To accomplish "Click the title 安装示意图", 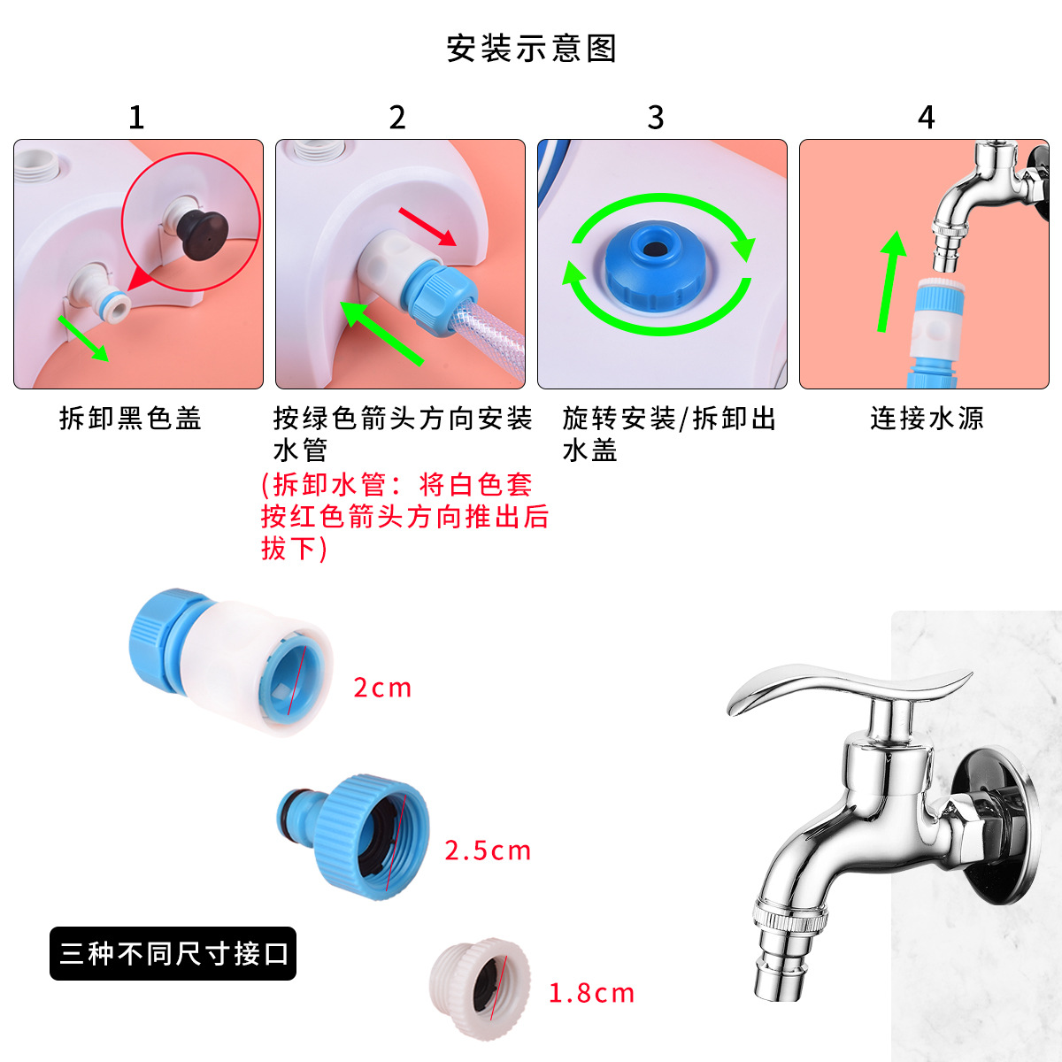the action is [531, 49].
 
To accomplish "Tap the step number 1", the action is [136, 118].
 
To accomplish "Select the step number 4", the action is [926, 118].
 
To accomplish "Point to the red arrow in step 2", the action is [427, 227].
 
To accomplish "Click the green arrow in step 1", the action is [83, 338].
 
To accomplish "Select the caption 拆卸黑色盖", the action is [130, 418].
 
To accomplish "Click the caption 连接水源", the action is [927, 418].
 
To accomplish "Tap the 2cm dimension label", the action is [382, 688].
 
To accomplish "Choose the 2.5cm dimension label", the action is [488, 850].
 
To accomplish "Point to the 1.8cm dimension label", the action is [591, 993].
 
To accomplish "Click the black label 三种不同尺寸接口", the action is [173, 953].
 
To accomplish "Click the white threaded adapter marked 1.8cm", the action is [480, 989].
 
